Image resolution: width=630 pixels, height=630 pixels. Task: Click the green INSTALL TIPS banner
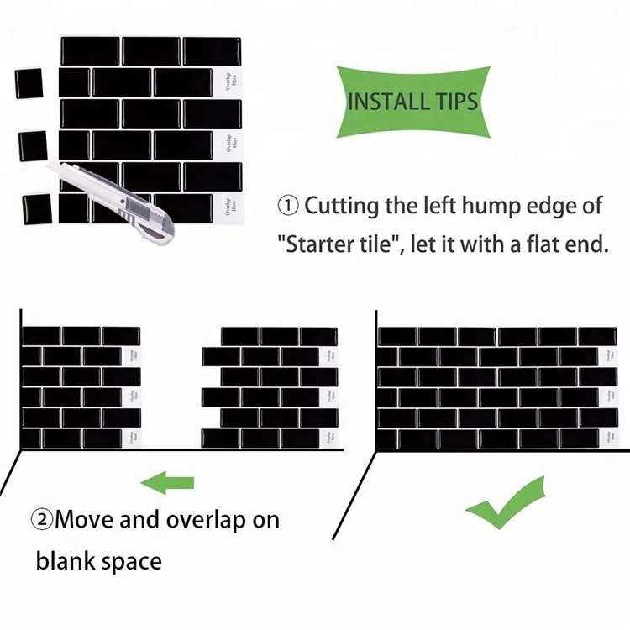tap(412, 102)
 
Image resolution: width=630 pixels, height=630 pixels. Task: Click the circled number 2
tap(43, 520)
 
